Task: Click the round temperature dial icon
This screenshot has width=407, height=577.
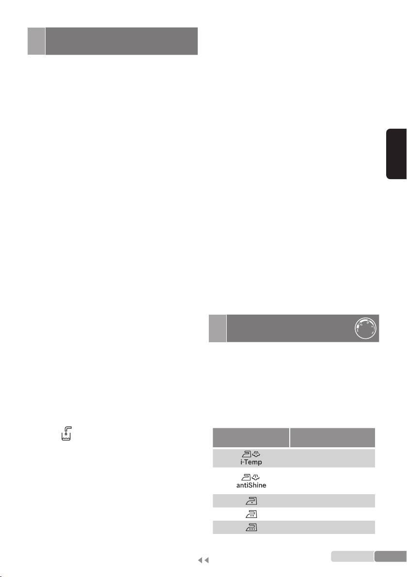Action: pos(365,328)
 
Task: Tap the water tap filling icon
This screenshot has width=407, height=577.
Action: pos(66,434)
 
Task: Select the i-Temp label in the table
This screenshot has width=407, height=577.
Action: pos(251,462)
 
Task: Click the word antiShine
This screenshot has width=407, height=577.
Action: pos(251,485)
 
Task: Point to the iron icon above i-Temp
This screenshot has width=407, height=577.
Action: pos(247,454)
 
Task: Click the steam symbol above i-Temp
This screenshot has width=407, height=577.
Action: pos(256,454)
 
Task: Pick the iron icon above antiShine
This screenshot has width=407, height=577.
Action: pos(247,477)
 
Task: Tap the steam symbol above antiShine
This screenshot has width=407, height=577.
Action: pos(256,477)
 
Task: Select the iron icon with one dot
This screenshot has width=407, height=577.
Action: pos(251,501)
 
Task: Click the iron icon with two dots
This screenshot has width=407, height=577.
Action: pos(251,514)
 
